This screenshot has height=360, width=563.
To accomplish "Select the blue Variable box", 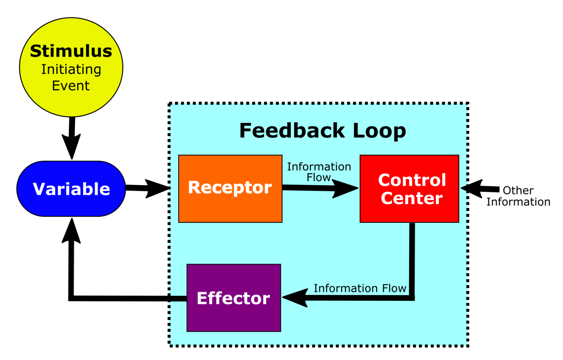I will tap(71, 189).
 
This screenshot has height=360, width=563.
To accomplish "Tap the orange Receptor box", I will tap(230, 188).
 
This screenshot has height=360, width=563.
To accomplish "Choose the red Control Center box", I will tap(409, 189).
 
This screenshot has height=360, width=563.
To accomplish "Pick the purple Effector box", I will tap(234, 298).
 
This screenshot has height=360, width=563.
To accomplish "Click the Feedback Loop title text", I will tap(323, 130).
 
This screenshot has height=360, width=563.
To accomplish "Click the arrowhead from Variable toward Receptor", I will tap(157, 189).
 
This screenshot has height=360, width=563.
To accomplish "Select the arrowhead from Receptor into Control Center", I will tap(345, 189).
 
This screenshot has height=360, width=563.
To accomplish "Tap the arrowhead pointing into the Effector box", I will tap(295, 297).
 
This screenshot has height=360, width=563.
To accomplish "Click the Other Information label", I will tap(518, 196).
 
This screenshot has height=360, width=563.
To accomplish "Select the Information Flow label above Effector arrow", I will tap(360, 288).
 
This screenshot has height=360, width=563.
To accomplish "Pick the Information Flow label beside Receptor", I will tap(319, 172).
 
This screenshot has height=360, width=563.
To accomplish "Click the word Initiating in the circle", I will tap(71, 69).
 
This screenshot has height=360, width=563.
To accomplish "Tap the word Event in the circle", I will tap(71, 86).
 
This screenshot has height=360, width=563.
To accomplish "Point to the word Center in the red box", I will tap(412, 198).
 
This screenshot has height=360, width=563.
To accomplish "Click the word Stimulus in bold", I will tap(71, 51).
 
